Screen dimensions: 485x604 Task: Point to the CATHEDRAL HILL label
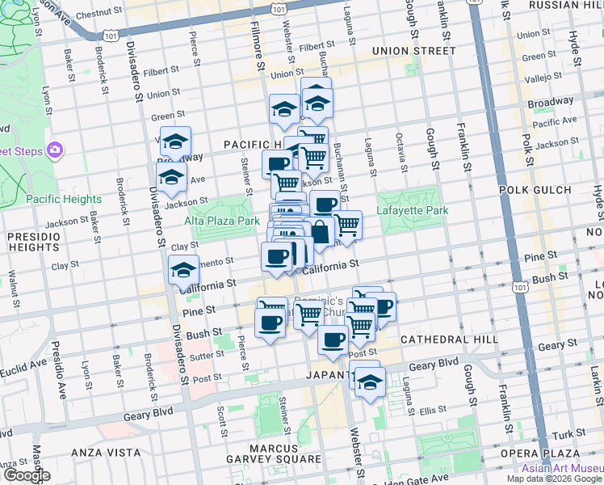point(439,339)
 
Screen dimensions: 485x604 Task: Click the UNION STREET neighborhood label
point(414,51)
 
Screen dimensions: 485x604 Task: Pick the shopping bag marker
point(321,232)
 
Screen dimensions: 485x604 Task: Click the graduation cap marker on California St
point(183,270)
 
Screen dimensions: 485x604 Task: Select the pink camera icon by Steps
point(55,150)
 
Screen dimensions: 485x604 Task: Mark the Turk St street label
point(574,434)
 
